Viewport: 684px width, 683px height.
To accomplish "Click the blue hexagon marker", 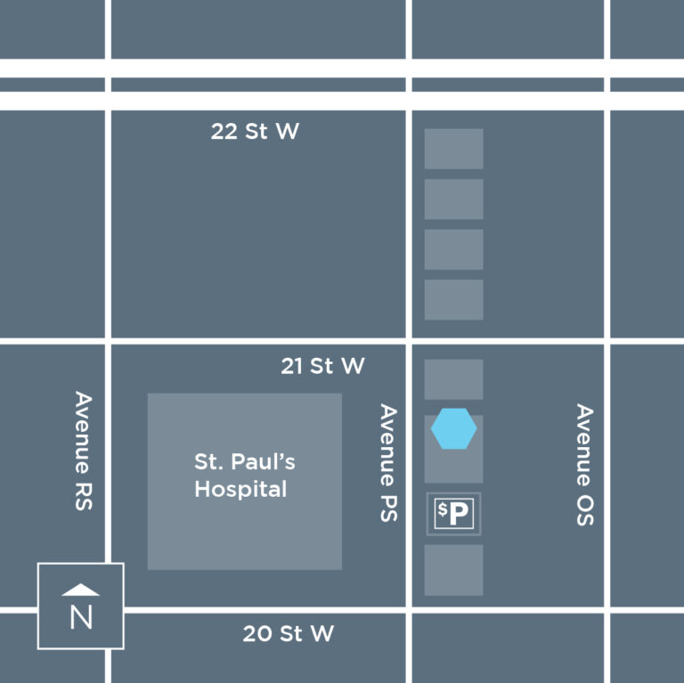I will click(454, 429).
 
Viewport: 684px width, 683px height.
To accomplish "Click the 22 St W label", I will click(255, 132).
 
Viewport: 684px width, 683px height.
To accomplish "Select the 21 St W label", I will click(322, 365).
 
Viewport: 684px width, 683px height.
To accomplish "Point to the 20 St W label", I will click(288, 634).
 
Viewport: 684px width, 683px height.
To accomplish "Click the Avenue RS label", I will click(84, 451).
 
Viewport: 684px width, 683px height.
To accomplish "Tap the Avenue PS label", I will click(388, 462).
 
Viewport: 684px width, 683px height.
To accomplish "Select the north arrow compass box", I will click(80, 606).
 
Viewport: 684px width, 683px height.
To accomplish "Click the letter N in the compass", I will click(81, 617).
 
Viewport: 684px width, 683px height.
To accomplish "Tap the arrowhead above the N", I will click(81, 589).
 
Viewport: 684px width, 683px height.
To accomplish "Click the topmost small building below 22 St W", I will click(453, 149).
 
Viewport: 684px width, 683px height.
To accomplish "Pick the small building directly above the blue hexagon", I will click(453, 379).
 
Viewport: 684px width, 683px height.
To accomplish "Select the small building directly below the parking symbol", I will click(453, 570).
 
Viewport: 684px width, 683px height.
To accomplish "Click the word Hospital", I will click(240, 489).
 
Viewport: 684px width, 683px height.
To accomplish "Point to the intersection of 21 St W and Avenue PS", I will click(409, 340).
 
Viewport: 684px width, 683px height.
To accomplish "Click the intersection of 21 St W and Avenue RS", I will click(108, 340).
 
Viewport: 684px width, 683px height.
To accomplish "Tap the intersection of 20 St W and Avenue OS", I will click(606, 610).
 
